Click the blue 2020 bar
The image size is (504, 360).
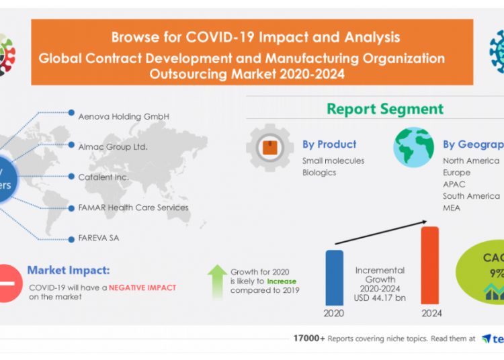pyautogui.click(x=335, y=277)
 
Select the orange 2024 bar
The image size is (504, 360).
pyautogui.click(x=429, y=265)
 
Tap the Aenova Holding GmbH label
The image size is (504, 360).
pyautogui.click(x=123, y=116)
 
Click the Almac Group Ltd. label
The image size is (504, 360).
pyautogui.click(x=112, y=146)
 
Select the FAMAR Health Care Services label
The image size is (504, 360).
pyautogui.click(x=133, y=208)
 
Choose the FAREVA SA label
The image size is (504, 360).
pyautogui.click(x=98, y=238)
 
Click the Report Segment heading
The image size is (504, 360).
pyautogui.click(x=385, y=109)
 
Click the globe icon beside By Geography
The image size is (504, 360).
pyautogui.click(x=413, y=147)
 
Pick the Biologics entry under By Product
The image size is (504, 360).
pyautogui.click(x=319, y=173)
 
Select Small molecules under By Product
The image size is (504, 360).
pyautogui.click(x=333, y=161)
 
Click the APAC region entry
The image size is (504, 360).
pyautogui.click(x=454, y=184)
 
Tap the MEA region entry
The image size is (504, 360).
pyautogui.click(x=452, y=208)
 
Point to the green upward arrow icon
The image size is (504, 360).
pyautogui.click(x=216, y=281)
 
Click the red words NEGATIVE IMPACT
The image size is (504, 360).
pyautogui.click(x=142, y=287)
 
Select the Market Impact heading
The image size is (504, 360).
pyautogui.click(x=68, y=271)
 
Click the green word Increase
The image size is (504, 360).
pyautogui.click(x=281, y=281)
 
